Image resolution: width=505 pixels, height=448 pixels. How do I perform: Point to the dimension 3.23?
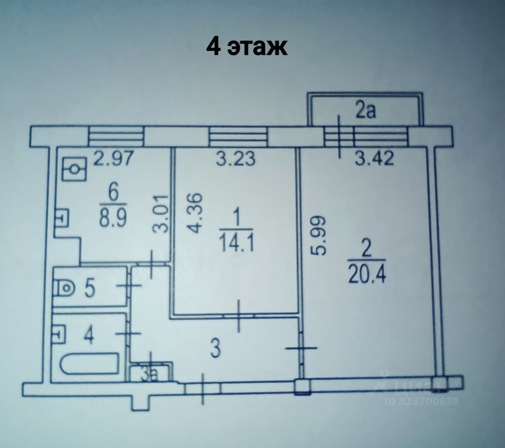coord(236,160)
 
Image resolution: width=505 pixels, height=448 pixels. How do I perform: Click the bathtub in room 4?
coord(89,364)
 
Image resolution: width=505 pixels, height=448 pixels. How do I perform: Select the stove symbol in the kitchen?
coord(75,169)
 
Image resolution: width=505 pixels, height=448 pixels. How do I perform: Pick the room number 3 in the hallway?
coord(215,350)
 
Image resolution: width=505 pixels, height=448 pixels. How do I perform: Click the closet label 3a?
coord(150,373)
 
